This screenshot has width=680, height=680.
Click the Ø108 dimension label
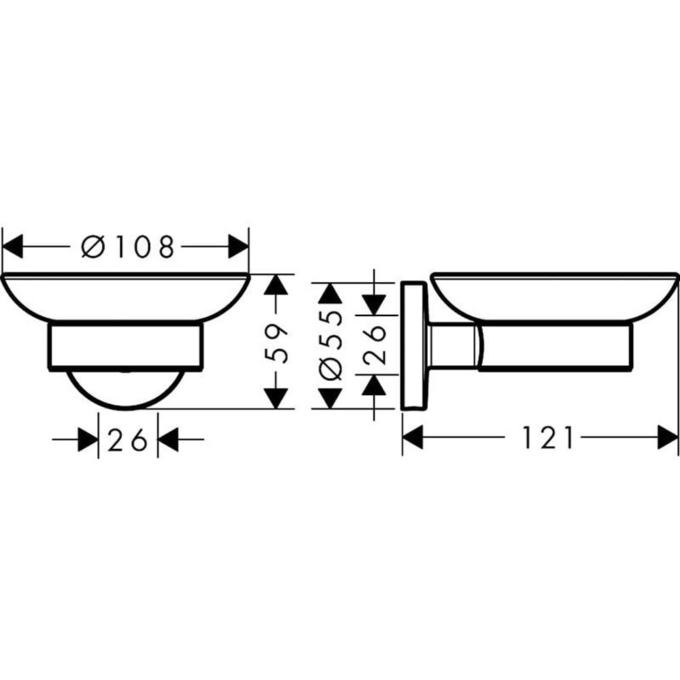pyautogui.click(x=128, y=246)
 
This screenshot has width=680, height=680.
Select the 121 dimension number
pyautogui.click(x=548, y=438)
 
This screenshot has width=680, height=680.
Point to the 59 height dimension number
pyautogui.click(x=275, y=346)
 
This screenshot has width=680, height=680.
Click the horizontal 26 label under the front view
pyautogui.click(x=128, y=441)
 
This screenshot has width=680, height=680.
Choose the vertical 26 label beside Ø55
pyautogui.click(x=375, y=346)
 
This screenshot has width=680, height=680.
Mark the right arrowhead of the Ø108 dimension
pyautogui.click(x=238, y=246)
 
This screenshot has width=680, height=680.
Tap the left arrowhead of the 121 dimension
pyautogui.click(x=413, y=438)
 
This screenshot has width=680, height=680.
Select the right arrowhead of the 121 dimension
pyautogui.click(x=668, y=438)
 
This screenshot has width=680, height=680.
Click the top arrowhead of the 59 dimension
pyautogui.click(x=275, y=285)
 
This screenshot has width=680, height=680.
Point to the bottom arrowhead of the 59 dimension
pyautogui.click(x=275, y=398)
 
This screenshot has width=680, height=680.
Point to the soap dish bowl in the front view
pyautogui.click(x=126, y=296)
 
